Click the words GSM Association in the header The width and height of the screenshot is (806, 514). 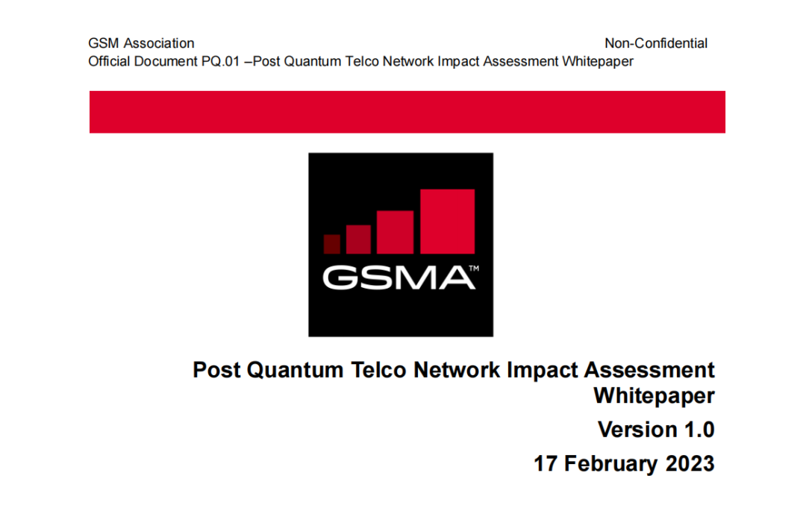[141, 43]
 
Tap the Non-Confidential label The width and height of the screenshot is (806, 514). [656, 43]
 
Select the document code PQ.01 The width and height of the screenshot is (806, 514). [220, 62]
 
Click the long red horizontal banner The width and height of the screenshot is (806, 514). [407, 112]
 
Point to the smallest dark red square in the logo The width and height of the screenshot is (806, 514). [332, 244]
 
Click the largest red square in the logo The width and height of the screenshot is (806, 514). [447, 222]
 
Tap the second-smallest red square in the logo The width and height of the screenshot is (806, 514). [358, 239]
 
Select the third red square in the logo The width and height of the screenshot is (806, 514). [395, 232]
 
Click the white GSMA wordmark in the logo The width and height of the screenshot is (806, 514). [399, 278]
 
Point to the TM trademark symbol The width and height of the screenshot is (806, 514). [474, 269]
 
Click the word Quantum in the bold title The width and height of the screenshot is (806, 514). [295, 370]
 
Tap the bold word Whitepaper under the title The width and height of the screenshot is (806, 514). [654, 396]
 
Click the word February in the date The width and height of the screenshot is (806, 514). [610, 463]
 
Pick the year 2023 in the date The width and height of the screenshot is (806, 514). [690, 463]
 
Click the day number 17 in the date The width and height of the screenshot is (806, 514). [546, 463]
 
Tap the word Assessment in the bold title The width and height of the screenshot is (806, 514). [649, 370]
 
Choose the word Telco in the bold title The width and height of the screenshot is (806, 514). [378, 370]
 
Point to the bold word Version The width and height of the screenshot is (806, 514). [637, 430]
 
